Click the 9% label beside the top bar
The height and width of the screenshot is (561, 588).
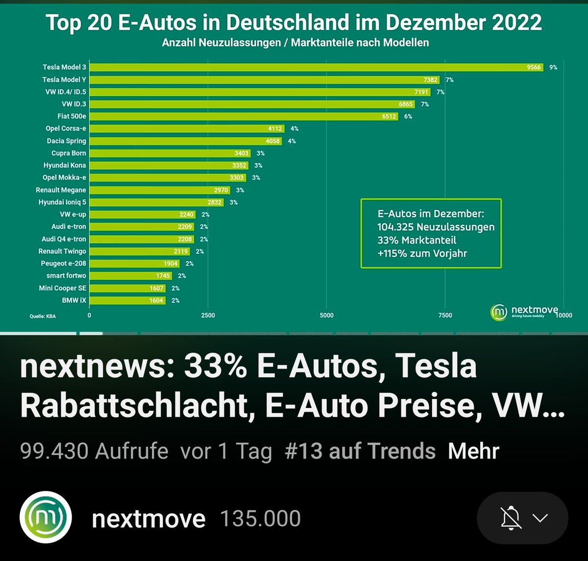553,67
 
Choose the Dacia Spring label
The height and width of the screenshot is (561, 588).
66,141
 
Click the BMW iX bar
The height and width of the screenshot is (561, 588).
127,300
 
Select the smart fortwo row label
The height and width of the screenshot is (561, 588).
66,276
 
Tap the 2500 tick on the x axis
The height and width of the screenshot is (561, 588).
208,315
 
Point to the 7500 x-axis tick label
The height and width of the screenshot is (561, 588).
445,315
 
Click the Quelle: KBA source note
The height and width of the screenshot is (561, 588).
43,316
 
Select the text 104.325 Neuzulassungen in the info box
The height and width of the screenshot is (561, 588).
436,227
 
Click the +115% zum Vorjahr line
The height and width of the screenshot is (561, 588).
422,254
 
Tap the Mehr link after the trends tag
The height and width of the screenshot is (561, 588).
473,451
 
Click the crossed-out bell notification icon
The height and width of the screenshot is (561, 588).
511,518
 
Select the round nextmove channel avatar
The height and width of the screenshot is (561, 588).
46,518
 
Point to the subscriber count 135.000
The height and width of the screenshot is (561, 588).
260,519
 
